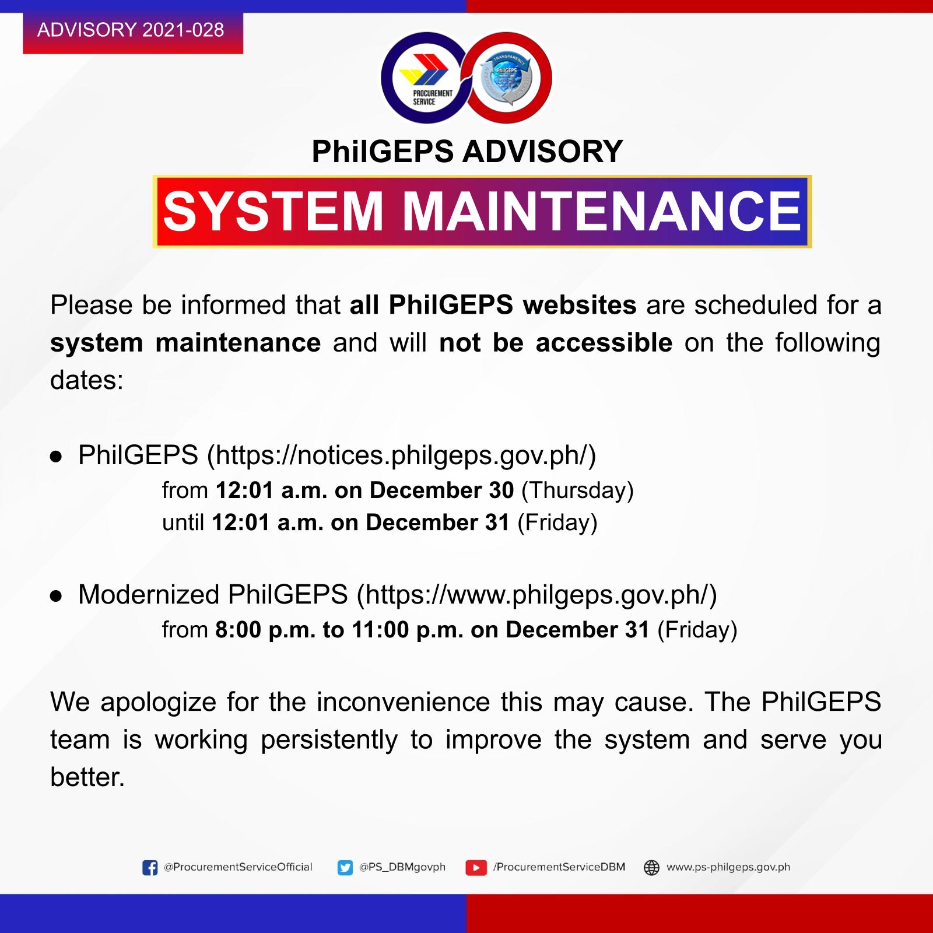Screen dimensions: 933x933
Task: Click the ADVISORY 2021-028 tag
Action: pos(133,32)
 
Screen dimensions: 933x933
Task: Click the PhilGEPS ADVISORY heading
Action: pos(468,152)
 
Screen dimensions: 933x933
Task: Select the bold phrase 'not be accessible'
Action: pos(556,343)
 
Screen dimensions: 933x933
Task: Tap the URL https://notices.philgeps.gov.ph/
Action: pos(402,455)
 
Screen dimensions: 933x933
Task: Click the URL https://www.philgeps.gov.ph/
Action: pos(536,595)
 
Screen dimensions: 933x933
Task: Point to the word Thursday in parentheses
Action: pos(577,490)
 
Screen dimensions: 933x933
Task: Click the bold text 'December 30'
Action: pos(441,490)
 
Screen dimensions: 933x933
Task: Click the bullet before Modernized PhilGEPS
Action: pos(56,596)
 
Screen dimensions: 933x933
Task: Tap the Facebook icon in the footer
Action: pos(150,868)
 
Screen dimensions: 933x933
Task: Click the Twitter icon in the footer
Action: pos(345,868)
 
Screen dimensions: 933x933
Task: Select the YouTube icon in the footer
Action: pos(476,868)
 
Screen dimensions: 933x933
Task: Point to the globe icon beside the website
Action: pos(651,868)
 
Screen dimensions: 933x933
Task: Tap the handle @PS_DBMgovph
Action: pos(402,867)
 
